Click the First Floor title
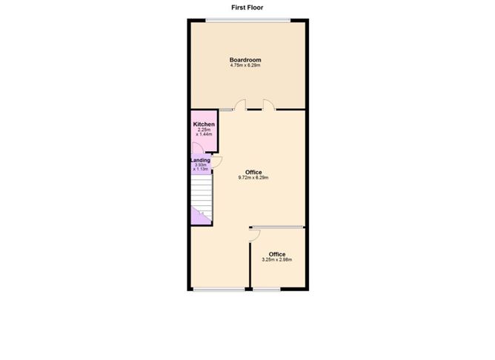tap(247, 7)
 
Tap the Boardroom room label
tap(245, 60)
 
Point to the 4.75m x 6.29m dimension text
tap(245, 65)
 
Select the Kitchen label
tap(204, 124)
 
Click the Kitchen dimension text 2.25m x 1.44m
tap(204, 132)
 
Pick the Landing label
tap(201, 160)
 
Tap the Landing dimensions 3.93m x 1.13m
tap(201, 167)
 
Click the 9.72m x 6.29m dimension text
tap(253, 178)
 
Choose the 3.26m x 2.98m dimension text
tap(277, 260)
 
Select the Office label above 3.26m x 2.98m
tap(277, 254)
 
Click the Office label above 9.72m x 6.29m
tap(253, 173)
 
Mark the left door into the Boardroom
tap(241, 104)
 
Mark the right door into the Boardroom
tap(269, 104)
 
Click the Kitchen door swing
tap(198, 148)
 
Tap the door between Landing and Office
tap(217, 162)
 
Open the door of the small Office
tap(254, 236)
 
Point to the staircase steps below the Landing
tap(202, 196)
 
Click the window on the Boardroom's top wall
tap(248, 21)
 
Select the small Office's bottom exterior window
tap(267, 289)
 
